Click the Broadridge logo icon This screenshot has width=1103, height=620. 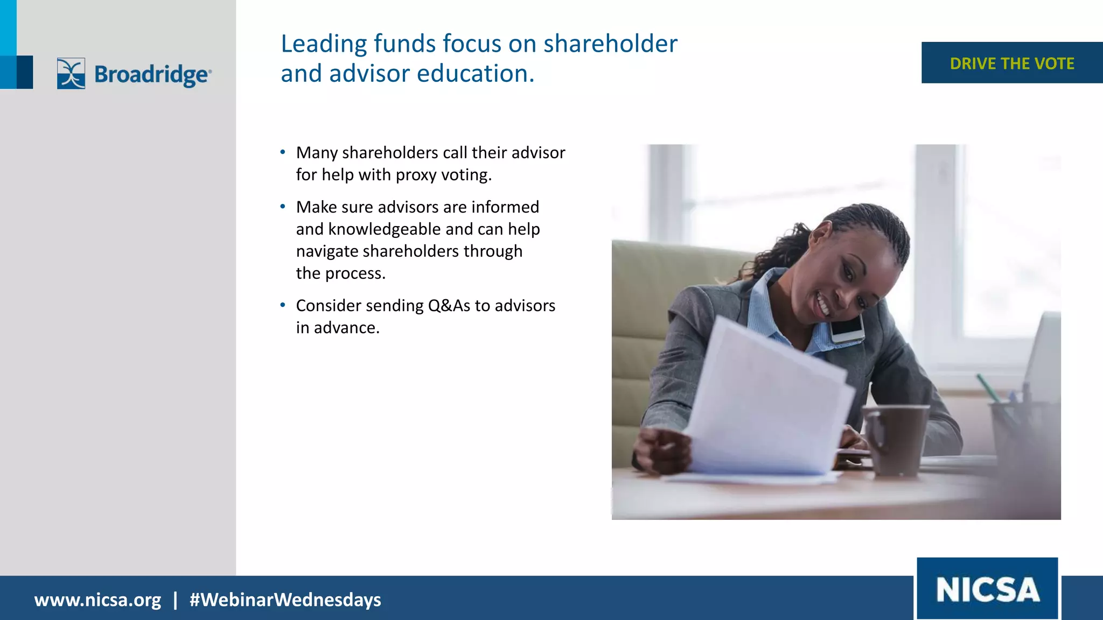[71, 73]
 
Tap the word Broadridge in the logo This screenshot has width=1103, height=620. [152, 74]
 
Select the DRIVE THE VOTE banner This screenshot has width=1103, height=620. [1011, 63]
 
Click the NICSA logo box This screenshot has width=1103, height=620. [987, 589]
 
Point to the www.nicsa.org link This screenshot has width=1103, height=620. [97, 600]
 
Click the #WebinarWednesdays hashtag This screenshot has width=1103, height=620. [285, 600]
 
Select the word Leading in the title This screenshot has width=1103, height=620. [324, 44]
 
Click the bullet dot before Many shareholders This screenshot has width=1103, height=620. [283, 152]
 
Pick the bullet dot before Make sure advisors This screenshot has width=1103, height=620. [283, 207]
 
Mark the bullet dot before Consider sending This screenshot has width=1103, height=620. [283, 305]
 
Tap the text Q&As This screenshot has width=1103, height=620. [449, 306]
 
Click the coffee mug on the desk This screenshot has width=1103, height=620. [895, 439]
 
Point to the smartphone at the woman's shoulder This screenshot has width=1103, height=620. [847, 328]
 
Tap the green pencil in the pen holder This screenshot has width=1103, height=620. [988, 387]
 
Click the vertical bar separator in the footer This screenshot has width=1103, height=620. [175, 600]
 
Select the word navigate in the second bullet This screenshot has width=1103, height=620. [327, 251]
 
